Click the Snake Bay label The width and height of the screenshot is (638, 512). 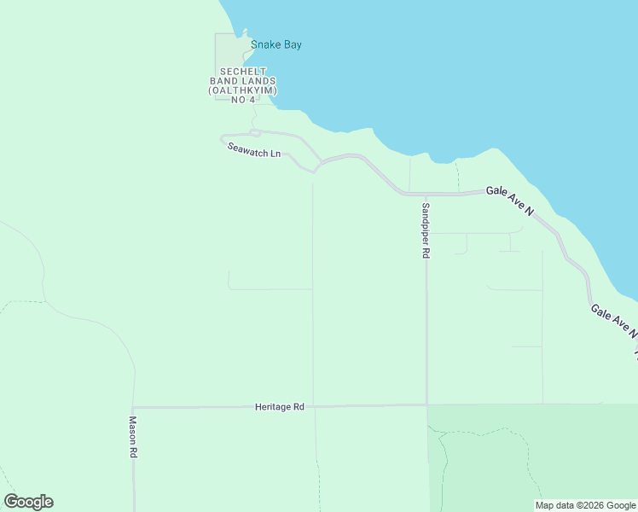click(x=275, y=44)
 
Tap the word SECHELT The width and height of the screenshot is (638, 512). click(x=244, y=72)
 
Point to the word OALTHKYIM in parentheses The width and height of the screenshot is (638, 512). click(x=244, y=90)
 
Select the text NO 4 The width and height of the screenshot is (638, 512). click(x=243, y=100)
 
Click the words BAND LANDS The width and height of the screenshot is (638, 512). click(x=244, y=81)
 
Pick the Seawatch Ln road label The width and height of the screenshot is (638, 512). click(x=253, y=149)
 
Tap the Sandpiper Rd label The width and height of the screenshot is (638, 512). click(x=425, y=230)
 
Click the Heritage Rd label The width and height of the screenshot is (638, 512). click(x=279, y=407)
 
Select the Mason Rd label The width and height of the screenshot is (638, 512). click(x=133, y=438)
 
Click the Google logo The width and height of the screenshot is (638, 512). click(x=28, y=502)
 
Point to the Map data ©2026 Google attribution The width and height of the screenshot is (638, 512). click(x=585, y=505)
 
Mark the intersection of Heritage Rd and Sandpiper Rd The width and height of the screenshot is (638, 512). click(x=427, y=405)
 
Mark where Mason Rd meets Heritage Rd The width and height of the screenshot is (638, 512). click(x=133, y=407)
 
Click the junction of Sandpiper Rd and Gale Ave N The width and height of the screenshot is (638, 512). click(x=424, y=195)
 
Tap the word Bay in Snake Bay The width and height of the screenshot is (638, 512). click(x=292, y=44)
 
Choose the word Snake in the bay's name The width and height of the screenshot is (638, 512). click(x=265, y=44)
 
